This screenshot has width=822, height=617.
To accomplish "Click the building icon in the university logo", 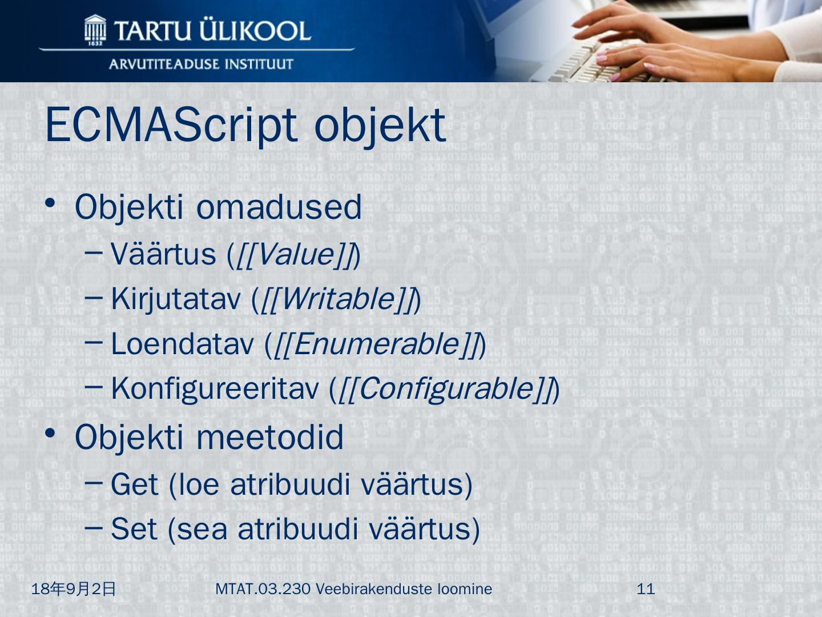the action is pyautogui.click(x=95, y=30).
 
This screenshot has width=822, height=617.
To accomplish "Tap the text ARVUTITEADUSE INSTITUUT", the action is pyautogui.click(x=201, y=64).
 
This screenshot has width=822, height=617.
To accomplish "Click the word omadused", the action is pyautogui.click(x=279, y=207).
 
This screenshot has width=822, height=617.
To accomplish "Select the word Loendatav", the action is pyautogui.click(x=182, y=344).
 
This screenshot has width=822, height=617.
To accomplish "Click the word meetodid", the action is pyautogui.click(x=270, y=437).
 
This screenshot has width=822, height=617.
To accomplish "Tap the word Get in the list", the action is pyautogui.click(x=135, y=484).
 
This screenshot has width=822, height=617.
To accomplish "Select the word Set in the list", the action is pyautogui.click(x=134, y=529).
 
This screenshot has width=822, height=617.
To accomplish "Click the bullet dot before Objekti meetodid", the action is pyautogui.click(x=50, y=434).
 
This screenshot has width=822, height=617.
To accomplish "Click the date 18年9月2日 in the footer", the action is pyautogui.click(x=74, y=589).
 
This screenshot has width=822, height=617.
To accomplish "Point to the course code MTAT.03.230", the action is pyautogui.click(x=263, y=589).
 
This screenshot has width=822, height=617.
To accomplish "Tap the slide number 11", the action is pyautogui.click(x=646, y=589).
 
